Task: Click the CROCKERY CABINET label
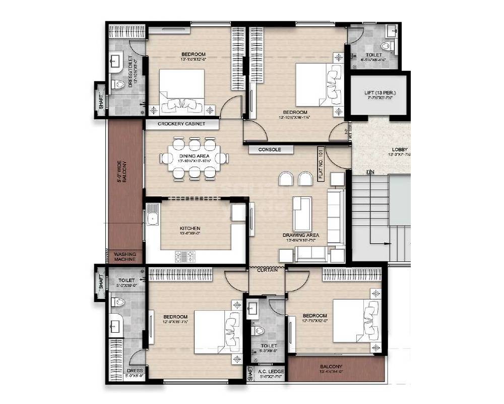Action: [x=181, y=124]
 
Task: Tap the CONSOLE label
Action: [x=270, y=149]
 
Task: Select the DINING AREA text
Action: [x=194, y=157]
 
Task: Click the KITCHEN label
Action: [x=190, y=228]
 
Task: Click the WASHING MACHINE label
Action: [x=125, y=257]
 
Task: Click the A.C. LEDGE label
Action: [x=272, y=372]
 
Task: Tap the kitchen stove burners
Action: [x=185, y=256]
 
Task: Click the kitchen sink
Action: [x=152, y=218]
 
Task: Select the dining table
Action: [x=194, y=158]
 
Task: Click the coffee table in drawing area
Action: [x=302, y=213]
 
